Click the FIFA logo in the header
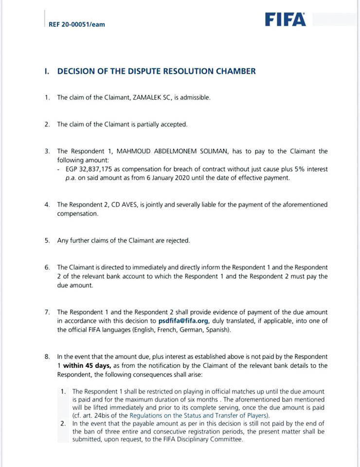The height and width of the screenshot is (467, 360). (286, 19)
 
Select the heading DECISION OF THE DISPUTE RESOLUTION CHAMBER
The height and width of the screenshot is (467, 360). (156, 71)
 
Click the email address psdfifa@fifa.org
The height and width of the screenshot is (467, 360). (184, 321)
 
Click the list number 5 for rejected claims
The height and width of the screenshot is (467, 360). (47, 240)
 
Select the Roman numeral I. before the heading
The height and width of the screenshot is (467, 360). (47, 71)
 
